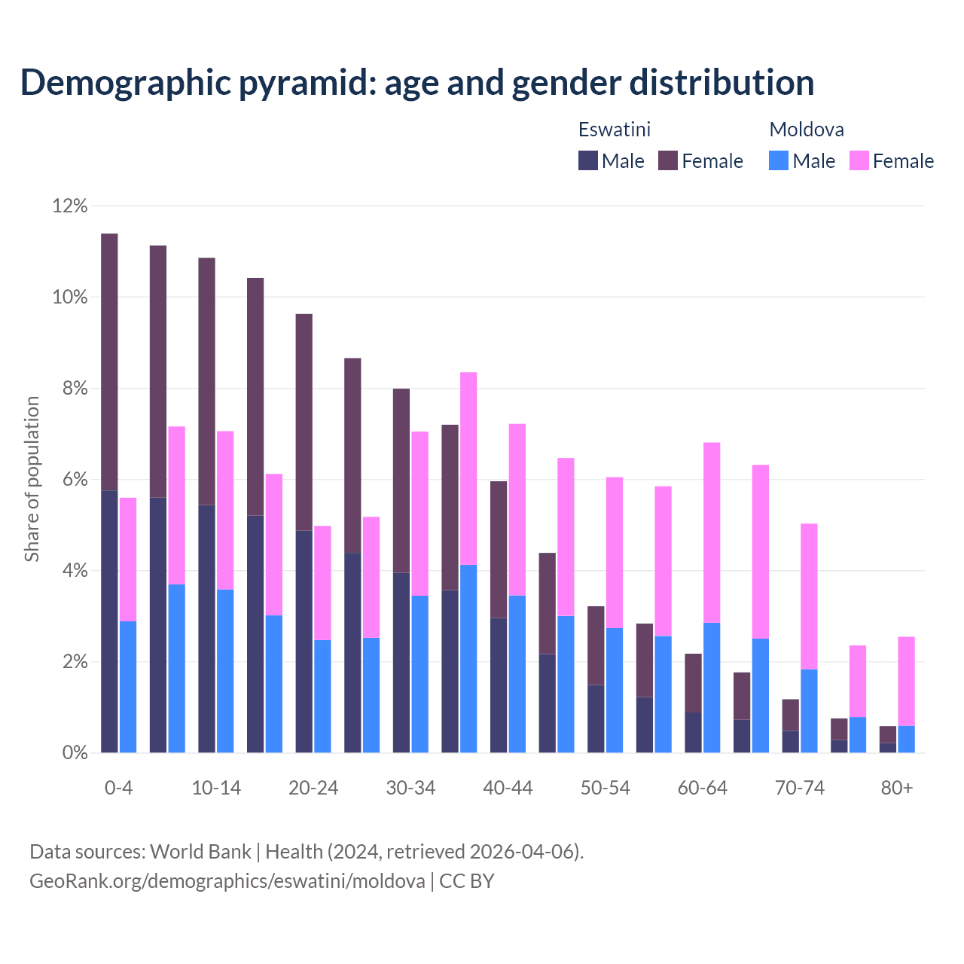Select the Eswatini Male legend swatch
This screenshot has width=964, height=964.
coord(587,160)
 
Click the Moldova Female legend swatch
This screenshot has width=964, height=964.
coord(859,160)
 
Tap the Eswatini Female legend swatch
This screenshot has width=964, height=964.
coord(668,160)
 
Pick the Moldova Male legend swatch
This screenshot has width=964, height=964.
coord(779,160)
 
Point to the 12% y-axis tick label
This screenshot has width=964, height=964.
coord(70,206)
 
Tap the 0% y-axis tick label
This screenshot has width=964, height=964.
coord(75,753)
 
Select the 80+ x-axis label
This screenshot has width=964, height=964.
coord(897,788)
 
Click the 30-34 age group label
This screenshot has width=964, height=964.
coord(410,788)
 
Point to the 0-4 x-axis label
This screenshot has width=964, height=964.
coord(119,788)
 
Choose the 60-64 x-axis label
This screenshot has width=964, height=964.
coord(703,788)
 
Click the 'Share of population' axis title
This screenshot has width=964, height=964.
coord(32,479)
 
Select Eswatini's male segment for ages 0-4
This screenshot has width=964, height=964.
coord(109,621)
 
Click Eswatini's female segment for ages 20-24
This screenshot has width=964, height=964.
coord(304,422)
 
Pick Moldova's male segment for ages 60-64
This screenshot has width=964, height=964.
coord(712,688)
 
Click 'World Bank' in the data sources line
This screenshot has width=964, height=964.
coord(200,852)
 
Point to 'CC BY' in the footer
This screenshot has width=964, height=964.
coord(467,881)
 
